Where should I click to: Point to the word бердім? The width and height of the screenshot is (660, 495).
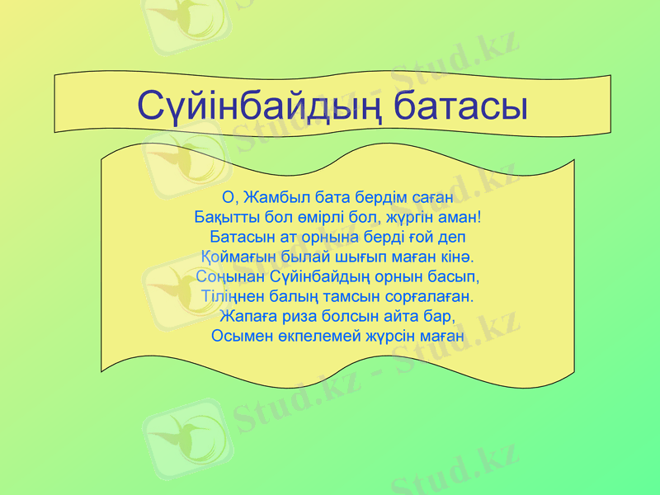(376, 197)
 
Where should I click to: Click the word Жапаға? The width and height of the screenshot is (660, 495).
(247, 316)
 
